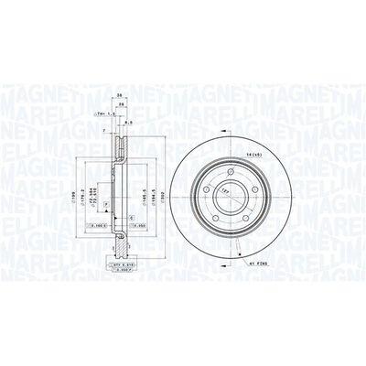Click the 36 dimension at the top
[x=119, y=94]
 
